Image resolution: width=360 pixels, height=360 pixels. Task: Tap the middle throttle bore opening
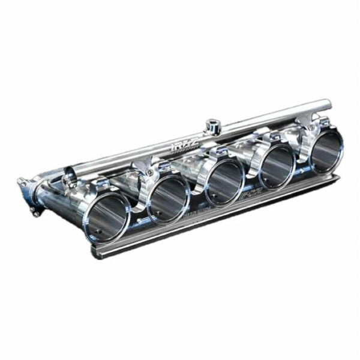click(x=224, y=181)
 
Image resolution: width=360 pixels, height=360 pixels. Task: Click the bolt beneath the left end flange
click(x=35, y=212)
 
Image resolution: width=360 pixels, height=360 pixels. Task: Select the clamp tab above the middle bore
click(x=220, y=153)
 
